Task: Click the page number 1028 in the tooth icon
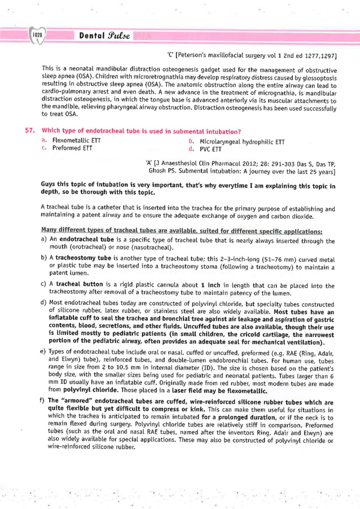38,35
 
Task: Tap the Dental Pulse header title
104,35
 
